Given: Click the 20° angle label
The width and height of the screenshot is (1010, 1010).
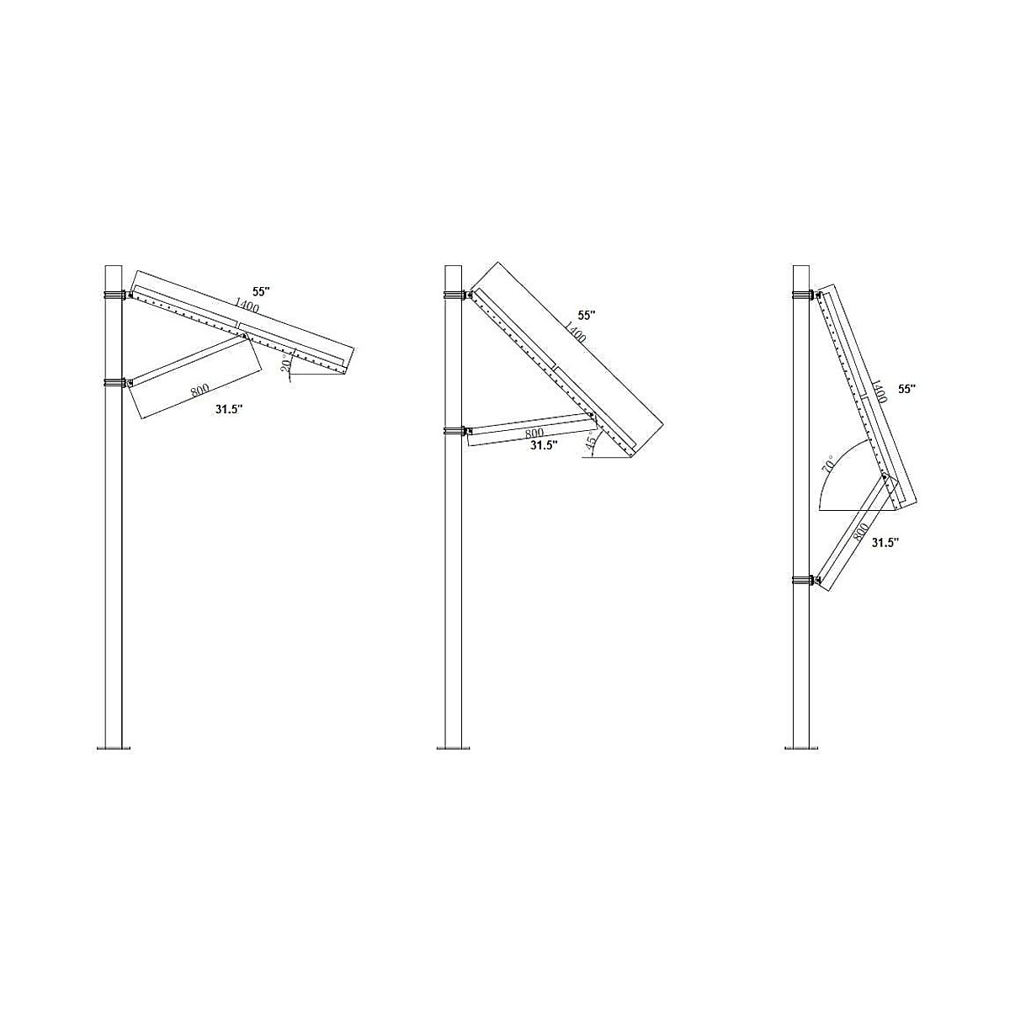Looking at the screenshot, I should (286, 364).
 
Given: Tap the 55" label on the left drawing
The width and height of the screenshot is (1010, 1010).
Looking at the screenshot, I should (261, 291).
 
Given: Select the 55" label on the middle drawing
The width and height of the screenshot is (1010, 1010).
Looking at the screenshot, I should (587, 315).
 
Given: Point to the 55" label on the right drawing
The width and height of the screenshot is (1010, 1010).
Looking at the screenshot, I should (906, 389).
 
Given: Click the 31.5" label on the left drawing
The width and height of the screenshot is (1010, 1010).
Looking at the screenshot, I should (227, 409).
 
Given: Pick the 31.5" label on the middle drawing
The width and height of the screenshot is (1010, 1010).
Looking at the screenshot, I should (543, 446).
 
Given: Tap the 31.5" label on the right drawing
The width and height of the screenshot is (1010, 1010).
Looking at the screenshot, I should (884, 543).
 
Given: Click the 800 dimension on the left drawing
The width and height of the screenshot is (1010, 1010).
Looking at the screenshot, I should (199, 391).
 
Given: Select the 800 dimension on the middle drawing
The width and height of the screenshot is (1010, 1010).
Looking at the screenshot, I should (534, 433).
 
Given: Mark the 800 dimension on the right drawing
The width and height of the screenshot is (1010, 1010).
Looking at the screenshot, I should (859, 532).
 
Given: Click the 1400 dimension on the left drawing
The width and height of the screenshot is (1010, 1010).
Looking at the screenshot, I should (247, 305).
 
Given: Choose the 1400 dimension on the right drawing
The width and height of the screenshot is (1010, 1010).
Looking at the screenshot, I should (877, 392).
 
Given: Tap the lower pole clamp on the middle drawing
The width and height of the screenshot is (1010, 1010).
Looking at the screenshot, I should (454, 432).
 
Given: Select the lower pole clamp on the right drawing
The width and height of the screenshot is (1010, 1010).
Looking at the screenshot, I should (803, 580).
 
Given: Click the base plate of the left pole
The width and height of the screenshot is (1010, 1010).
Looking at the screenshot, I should (114, 747).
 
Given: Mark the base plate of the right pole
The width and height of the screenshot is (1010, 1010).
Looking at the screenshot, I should (801, 747).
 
